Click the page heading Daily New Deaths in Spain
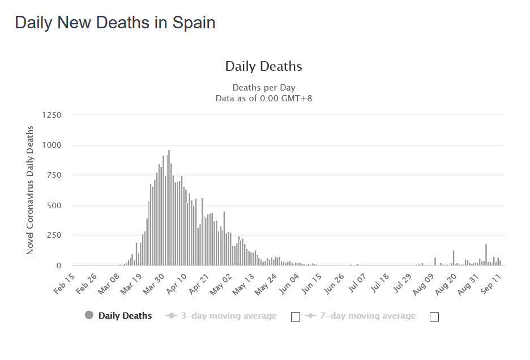[115, 23]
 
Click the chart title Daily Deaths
[263, 66]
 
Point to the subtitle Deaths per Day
[263, 88]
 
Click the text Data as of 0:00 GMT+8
[263, 98]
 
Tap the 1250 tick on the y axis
[52, 115]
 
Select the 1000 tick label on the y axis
[52, 145]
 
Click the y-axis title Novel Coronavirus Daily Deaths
[30, 190]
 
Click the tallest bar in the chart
[169, 207]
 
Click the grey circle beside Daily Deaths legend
[89, 316]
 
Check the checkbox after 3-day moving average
[295, 316]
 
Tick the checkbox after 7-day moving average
[434, 316]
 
